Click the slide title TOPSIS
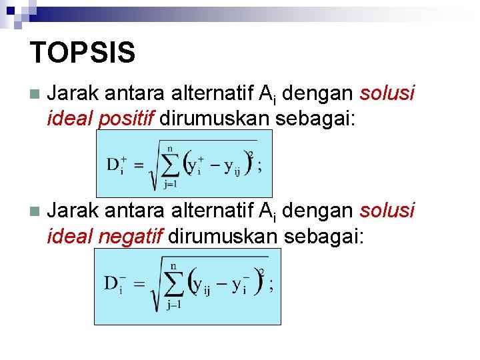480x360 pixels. point(83,53)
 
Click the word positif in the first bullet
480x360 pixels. point(126,119)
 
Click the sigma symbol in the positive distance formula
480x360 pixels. point(171,165)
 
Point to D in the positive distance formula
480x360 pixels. point(113,165)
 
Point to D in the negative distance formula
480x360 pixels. point(111,283)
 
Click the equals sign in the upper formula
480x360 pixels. point(141,166)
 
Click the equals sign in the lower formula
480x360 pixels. point(139,284)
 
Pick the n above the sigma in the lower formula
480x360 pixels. point(175,265)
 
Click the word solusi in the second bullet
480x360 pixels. point(387,211)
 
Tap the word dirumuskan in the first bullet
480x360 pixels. point(214,119)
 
